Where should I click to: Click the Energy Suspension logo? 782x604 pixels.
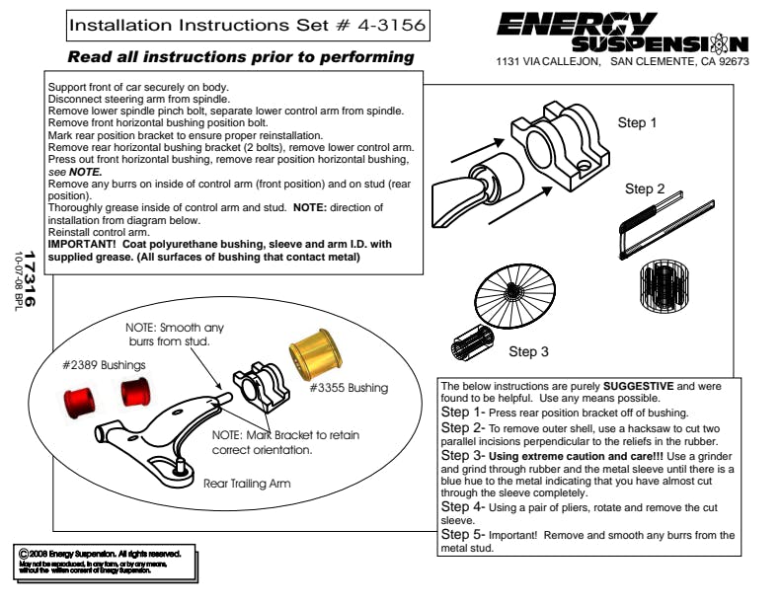click(x=621, y=33)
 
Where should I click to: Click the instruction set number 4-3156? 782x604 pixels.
click(x=385, y=24)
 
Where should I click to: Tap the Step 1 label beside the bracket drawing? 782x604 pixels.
click(x=637, y=123)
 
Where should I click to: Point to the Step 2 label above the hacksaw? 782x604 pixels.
click(x=645, y=189)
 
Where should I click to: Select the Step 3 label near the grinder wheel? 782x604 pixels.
click(x=529, y=351)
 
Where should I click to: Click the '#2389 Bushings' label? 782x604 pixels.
click(x=104, y=365)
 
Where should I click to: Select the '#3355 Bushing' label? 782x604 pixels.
click(x=349, y=388)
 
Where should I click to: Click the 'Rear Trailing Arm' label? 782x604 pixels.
click(x=247, y=485)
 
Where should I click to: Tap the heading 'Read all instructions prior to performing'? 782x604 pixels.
click(x=241, y=57)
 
